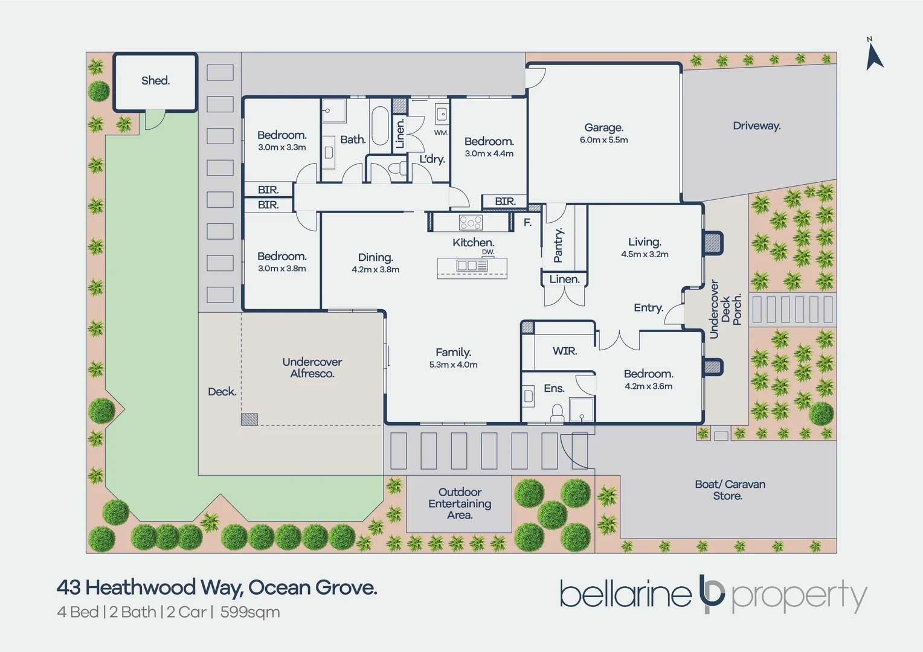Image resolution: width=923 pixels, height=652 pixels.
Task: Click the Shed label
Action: pos(155,80)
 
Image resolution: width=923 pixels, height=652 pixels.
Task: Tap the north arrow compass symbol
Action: pos(873,55)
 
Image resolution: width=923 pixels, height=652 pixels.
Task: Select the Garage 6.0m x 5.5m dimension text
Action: pos(603,139)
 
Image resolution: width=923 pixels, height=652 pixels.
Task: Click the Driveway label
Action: pos(756,126)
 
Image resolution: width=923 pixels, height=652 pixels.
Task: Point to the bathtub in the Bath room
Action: pos(380,126)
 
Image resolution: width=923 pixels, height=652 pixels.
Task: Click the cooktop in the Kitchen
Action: pos(471,222)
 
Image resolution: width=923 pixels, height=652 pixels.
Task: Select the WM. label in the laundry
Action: pos(441,133)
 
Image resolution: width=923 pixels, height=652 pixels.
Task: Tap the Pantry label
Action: pos(558,245)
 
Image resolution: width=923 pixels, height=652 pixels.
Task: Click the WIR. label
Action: pos(565,351)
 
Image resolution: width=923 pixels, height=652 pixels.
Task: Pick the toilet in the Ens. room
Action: pos(557,413)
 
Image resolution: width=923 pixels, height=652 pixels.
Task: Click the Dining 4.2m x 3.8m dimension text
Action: pos(375,269)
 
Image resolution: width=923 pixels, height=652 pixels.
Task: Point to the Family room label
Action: pos(453,352)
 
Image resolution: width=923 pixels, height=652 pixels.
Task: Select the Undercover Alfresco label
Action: pos(312,368)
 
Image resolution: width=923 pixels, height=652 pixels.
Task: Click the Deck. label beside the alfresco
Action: pos(222,391)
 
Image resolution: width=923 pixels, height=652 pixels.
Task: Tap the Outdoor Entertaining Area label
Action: pos(460,503)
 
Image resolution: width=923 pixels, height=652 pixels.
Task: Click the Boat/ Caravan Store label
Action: pos(730,490)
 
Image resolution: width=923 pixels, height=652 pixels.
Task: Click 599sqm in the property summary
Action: pos(250,612)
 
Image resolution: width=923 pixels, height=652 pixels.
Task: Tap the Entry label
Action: pos(649,308)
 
